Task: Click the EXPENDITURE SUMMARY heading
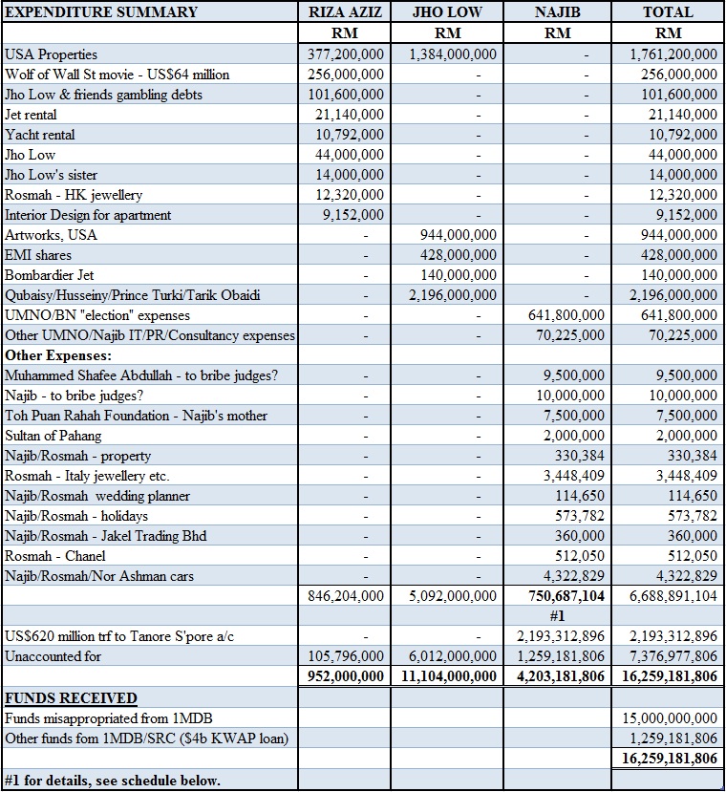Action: [x=101, y=12]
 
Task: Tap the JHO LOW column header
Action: [x=447, y=12]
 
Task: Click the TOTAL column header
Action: [x=668, y=12]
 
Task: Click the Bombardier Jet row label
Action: [x=51, y=275]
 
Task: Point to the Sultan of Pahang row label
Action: [x=55, y=436]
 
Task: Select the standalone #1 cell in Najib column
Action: [x=558, y=616]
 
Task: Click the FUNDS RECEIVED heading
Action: [x=71, y=698]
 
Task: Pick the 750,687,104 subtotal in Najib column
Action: [x=559, y=595]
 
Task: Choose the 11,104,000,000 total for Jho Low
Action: [x=447, y=676]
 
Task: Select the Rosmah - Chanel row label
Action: [x=52, y=556]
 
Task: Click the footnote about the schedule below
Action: [x=113, y=781]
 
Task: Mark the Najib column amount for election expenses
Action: [x=565, y=315]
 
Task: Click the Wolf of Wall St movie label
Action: [x=117, y=75]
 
